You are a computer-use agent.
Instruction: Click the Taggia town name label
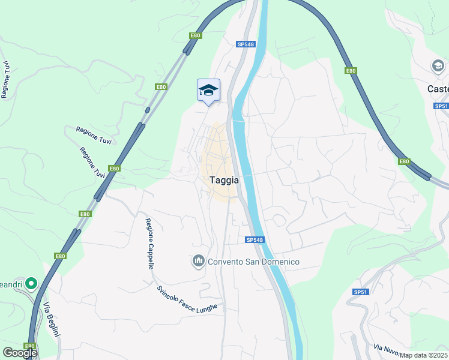(224, 179)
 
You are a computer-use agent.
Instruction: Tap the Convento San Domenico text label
(253, 262)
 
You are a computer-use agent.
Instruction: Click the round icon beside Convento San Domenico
(198, 261)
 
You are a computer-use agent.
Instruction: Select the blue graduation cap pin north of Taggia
(208, 91)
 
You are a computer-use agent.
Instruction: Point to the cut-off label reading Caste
(438, 89)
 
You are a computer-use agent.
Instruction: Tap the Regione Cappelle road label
(150, 243)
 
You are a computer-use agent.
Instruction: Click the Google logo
(20, 353)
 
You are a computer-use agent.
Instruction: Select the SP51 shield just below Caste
(441, 106)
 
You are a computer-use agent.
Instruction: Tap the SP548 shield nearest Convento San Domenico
(255, 240)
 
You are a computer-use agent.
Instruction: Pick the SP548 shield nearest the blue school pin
(245, 44)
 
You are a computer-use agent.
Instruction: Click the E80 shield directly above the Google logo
(29, 346)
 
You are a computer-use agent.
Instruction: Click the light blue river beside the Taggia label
(249, 180)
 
